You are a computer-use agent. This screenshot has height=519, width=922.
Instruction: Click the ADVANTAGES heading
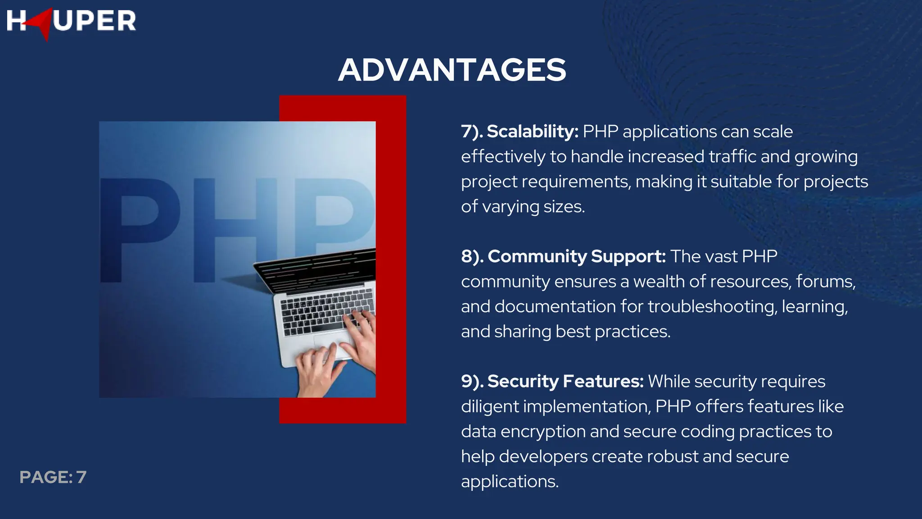[452, 70]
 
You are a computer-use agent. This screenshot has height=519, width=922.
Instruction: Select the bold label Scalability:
[533, 132]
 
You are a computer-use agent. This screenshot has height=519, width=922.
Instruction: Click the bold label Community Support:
[577, 256]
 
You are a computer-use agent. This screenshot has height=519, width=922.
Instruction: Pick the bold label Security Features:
[565, 381]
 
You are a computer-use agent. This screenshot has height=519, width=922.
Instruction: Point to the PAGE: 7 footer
[53, 477]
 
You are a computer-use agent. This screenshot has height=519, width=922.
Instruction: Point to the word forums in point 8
[825, 282]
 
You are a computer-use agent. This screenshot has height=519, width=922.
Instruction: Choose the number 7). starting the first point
[472, 132]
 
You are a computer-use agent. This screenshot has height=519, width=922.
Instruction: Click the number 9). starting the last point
[472, 381]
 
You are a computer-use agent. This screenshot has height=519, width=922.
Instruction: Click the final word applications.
[509, 482]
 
